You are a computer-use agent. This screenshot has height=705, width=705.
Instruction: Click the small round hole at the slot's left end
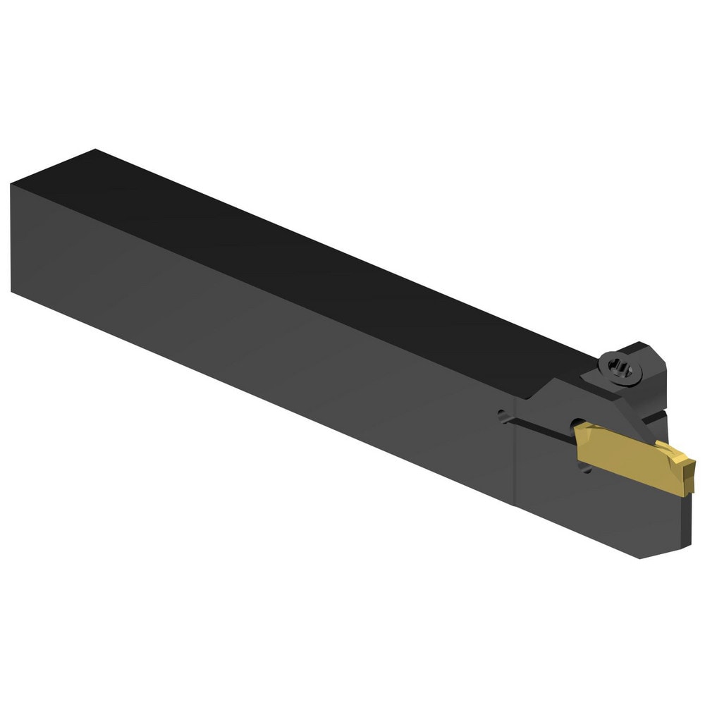tap(502, 416)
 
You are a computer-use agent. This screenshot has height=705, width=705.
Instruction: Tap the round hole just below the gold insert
tap(586, 468)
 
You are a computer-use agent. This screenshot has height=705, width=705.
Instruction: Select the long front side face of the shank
tap(261, 338)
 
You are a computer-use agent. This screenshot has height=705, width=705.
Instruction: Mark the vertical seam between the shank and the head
tap(515, 451)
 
